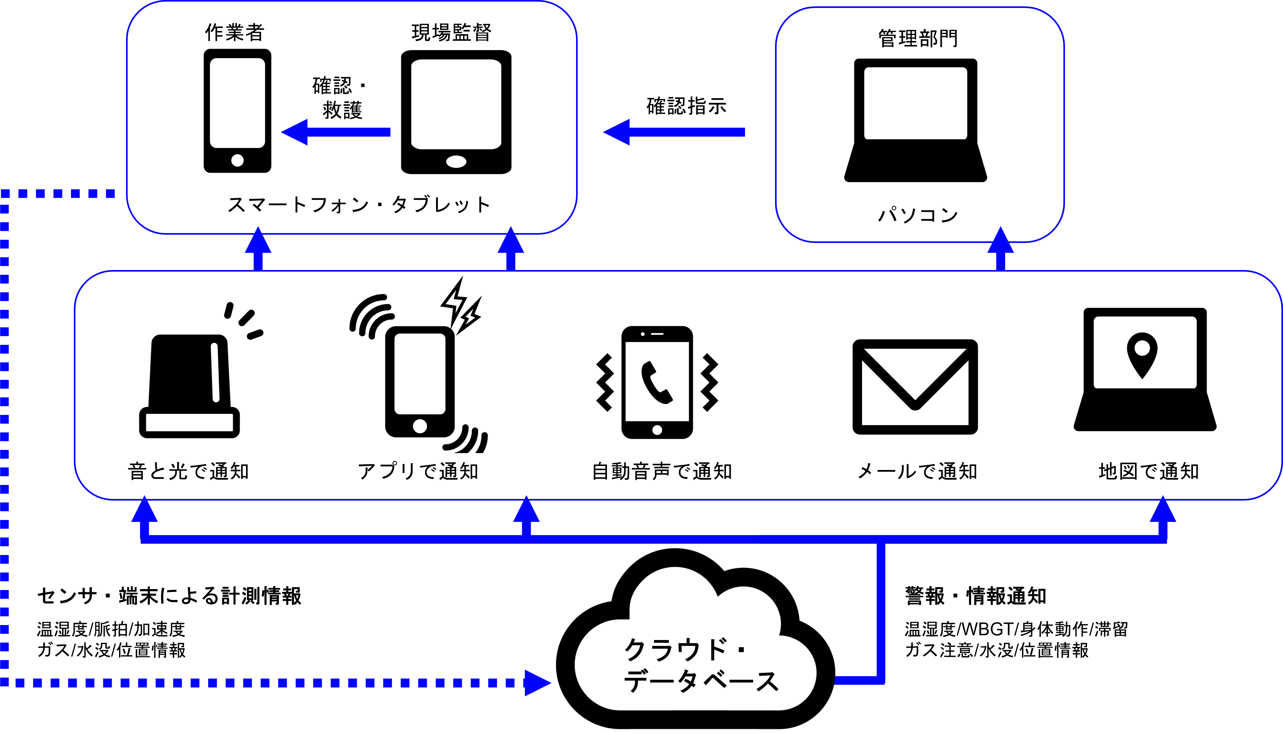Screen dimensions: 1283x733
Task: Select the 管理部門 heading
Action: pyautogui.click(x=918, y=38)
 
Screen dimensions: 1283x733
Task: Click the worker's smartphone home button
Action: pyautogui.click(x=237, y=160)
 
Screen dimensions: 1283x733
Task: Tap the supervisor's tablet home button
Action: pyautogui.click(x=456, y=162)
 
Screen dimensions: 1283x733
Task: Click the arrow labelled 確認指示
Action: pyautogui.click(x=674, y=132)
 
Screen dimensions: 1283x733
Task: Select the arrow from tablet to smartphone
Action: pyautogui.click(x=335, y=132)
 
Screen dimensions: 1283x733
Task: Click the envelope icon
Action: pyautogui.click(x=915, y=387)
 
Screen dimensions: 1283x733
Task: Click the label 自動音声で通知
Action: pyautogui.click(x=662, y=472)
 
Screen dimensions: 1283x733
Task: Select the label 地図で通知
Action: pyautogui.click(x=1149, y=472)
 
